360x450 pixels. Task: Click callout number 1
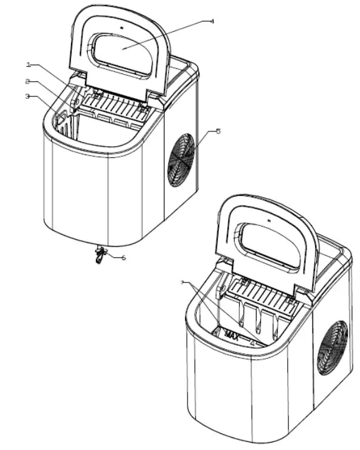point(28,65)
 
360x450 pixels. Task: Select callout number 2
point(28,81)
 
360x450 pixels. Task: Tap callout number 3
point(28,96)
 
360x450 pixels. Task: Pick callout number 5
point(217,131)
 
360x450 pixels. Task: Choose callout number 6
point(123,257)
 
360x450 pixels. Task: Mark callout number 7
point(182,283)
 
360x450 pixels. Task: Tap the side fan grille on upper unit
point(181,159)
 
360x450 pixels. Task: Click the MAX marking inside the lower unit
point(232,336)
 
